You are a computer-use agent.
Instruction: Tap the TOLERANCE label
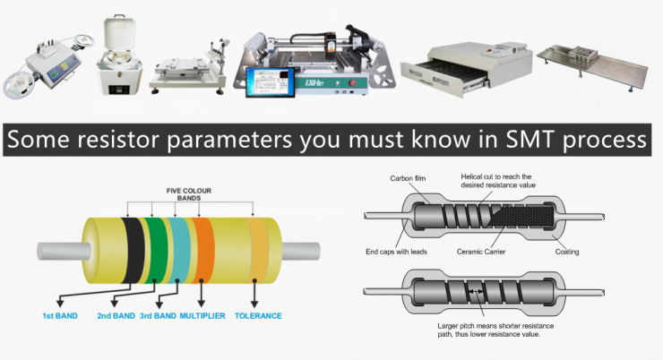click(x=258, y=315)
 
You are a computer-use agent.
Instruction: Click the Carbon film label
click(x=408, y=178)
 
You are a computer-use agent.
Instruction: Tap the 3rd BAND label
click(x=157, y=315)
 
